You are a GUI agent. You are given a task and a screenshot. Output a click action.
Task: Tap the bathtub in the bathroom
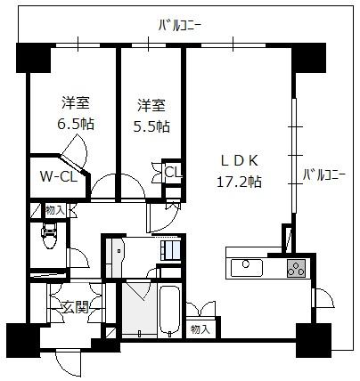(x=169, y=311)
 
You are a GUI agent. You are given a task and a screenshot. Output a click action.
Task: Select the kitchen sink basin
(x=247, y=268)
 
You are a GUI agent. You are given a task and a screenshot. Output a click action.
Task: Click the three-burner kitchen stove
(x=296, y=268)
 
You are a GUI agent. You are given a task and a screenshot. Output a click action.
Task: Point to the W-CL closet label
(x=59, y=177)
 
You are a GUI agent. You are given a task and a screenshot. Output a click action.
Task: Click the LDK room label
(x=240, y=161)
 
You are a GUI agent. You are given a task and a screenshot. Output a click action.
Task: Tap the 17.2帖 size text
(x=240, y=181)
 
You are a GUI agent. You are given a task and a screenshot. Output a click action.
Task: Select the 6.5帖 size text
(x=76, y=124)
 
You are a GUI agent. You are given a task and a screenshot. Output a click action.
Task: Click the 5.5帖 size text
(x=151, y=126)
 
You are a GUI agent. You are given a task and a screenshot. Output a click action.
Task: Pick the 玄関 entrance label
(x=76, y=308)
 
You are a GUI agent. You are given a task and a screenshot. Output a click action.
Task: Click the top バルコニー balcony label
(x=180, y=26)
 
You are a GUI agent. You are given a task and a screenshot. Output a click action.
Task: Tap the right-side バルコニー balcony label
(x=323, y=174)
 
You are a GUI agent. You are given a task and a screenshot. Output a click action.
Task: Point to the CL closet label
(x=173, y=172)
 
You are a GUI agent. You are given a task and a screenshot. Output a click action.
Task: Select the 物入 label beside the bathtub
(x=200, y=329)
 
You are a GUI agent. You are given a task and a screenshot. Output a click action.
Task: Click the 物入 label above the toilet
(x=55, y=211)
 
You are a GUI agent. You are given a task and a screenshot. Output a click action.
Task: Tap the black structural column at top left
(x=33, y=58)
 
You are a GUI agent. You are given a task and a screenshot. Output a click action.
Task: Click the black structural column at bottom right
(x=314, y=340)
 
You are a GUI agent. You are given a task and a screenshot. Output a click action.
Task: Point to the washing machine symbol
(x=171, y=250)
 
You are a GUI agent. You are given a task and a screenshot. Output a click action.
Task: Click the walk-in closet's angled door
(x=74, y=164)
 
